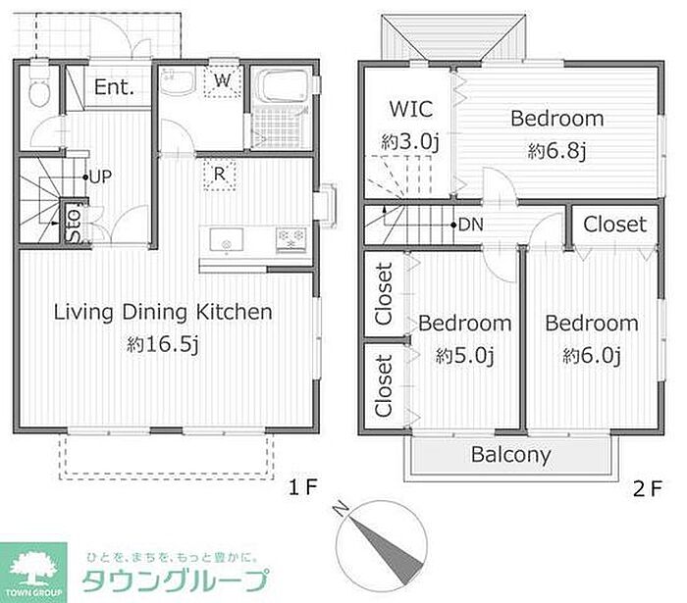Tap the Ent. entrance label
coord(114,87)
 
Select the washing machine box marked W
coord(223,81)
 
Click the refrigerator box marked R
coord(220,175)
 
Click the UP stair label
coord(101,176)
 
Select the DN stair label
coord(470,225)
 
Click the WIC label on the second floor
coord(411,109)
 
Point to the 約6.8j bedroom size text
coord(556,151)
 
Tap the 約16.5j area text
coord(163,345)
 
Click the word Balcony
coord(510,455)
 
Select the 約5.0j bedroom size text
coord(465,356)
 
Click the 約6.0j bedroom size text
coord(592,356)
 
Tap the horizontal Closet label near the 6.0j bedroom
coord(614,225)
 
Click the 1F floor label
coord(302,487)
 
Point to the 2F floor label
coord(648,488)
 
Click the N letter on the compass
coord(341,509)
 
